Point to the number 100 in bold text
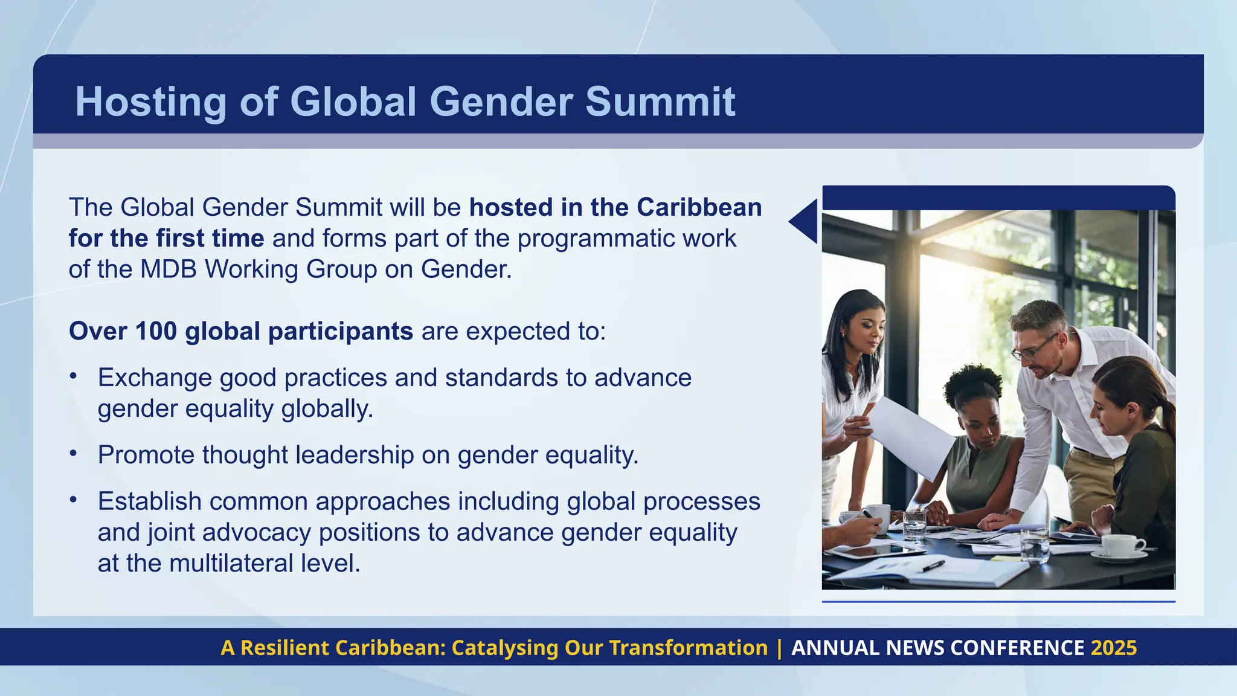[156, 331]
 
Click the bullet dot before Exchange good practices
[73, 376]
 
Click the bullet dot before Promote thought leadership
[73, 453]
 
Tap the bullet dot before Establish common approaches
[73, 500]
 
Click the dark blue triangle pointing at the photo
[806, 222]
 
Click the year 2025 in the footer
[1114, 648]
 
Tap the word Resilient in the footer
[285, 648]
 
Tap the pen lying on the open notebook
[933, 565]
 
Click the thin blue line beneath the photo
[998, 602]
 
